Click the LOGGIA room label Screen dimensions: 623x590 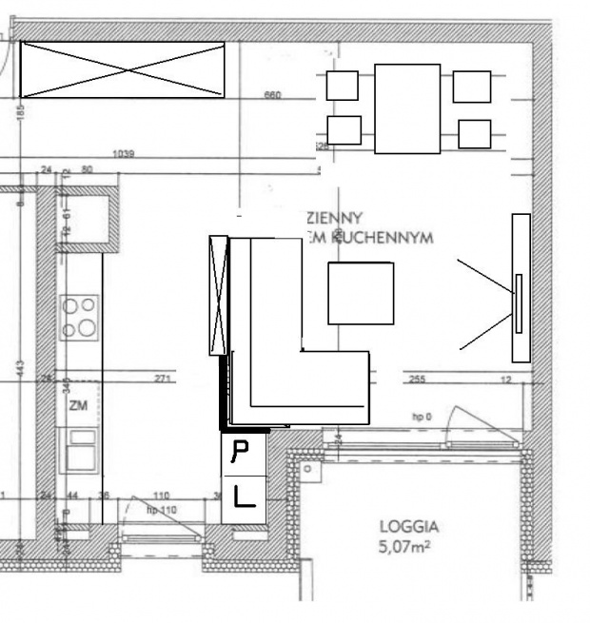(x=410, y=526)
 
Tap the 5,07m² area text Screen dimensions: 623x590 (x=410, y=546)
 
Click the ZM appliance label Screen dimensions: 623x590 (x=78, y=406)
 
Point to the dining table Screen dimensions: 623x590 (x=407, y=107)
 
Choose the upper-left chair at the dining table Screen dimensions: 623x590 (x=342, y=86)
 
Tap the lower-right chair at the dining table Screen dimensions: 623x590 (x=473, y=133)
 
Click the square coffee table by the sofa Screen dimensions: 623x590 (x=361, y=294)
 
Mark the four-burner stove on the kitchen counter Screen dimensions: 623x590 (x=79, y=318)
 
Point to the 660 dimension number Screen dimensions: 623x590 (x=273, y=95)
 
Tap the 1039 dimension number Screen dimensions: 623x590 (x=123, y=154)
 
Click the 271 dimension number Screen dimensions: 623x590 (x=163, y=379)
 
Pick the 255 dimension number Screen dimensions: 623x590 (x=416, y=379)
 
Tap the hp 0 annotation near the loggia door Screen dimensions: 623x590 (x=422, y=417)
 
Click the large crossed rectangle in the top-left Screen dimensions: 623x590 (x=123, y=69)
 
